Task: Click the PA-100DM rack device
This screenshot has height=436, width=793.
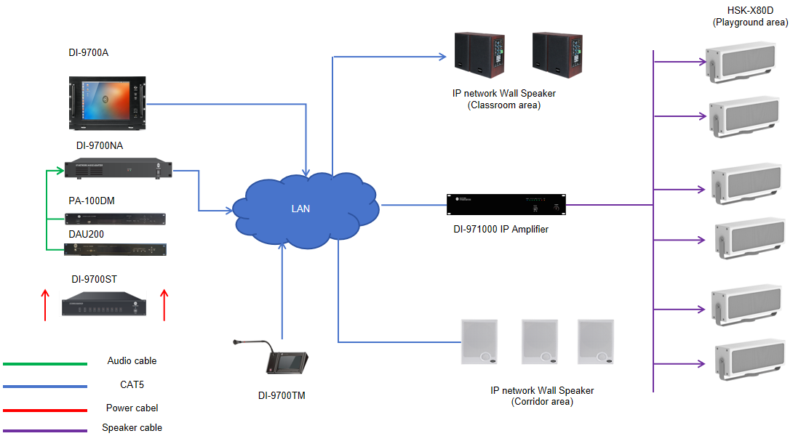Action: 115,219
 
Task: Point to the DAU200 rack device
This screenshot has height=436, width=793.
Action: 115,249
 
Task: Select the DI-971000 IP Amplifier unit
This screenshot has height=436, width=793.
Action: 506,205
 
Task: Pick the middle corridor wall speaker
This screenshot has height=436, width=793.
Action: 540,342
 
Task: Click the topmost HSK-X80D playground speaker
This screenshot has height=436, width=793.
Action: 746,60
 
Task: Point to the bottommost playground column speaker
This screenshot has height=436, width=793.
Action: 746,361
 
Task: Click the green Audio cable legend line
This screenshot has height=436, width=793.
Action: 45,363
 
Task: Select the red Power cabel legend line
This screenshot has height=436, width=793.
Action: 45,411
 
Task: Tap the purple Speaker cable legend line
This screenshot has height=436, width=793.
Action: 45,430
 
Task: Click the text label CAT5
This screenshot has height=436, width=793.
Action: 132,384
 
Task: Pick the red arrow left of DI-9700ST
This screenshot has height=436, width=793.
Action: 45,304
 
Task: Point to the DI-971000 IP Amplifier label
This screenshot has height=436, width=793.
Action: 501,230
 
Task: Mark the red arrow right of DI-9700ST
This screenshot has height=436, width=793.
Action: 164,304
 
